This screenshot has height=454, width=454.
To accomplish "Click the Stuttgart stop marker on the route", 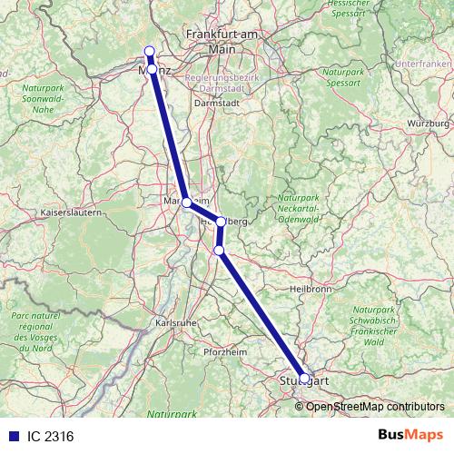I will click(304, 379).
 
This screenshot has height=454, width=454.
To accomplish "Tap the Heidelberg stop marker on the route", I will click(221, 221).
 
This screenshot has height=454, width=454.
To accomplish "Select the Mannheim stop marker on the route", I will click(186, 202).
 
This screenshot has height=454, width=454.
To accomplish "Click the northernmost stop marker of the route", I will click(149, 52).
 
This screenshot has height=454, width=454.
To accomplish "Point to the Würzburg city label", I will click(429, 123).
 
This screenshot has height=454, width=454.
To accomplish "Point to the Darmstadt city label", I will click(215, 104).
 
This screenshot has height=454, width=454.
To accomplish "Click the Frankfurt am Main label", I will click(222, 40).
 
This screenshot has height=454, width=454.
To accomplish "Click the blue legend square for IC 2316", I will click(11, 436).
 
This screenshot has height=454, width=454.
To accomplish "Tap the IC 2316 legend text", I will click(50, 436).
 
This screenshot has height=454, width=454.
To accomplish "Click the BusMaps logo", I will click(411, 435).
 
